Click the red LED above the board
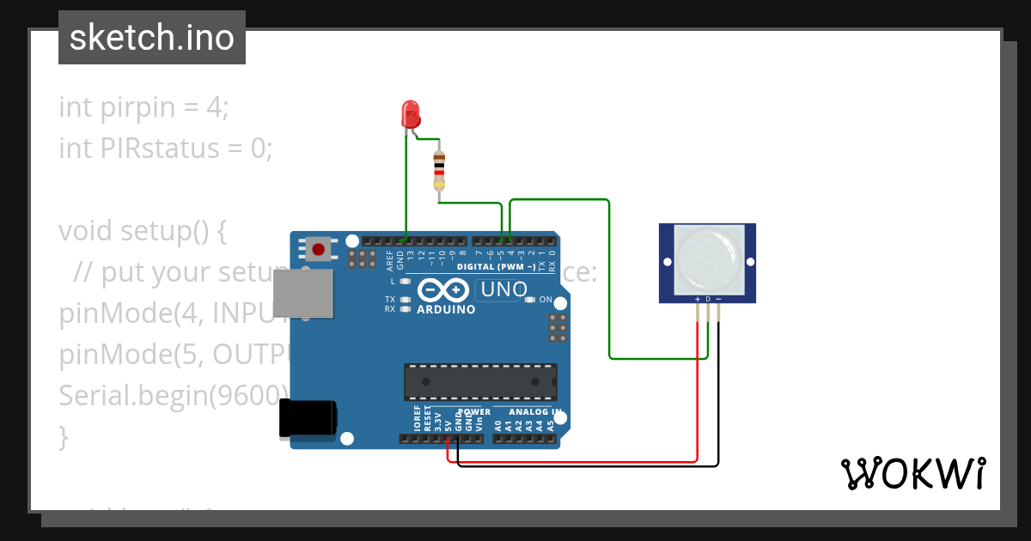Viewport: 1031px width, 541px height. [410, 113]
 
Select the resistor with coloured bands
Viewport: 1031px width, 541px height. [439, 170]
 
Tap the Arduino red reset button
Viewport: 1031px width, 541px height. [319, 250]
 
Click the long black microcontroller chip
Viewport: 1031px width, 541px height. [480, 382]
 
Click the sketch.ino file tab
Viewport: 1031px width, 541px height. [152, 38]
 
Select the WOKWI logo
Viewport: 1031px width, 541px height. [912, 473]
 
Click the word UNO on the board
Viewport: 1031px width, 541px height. [504, 289]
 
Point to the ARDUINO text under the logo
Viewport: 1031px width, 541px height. [446, 310]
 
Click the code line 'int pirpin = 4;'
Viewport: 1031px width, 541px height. [144, 107]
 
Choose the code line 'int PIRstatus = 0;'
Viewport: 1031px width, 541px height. [165, 149]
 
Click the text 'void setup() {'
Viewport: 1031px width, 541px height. [142, 231]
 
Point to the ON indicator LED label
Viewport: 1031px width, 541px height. [546, 299]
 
